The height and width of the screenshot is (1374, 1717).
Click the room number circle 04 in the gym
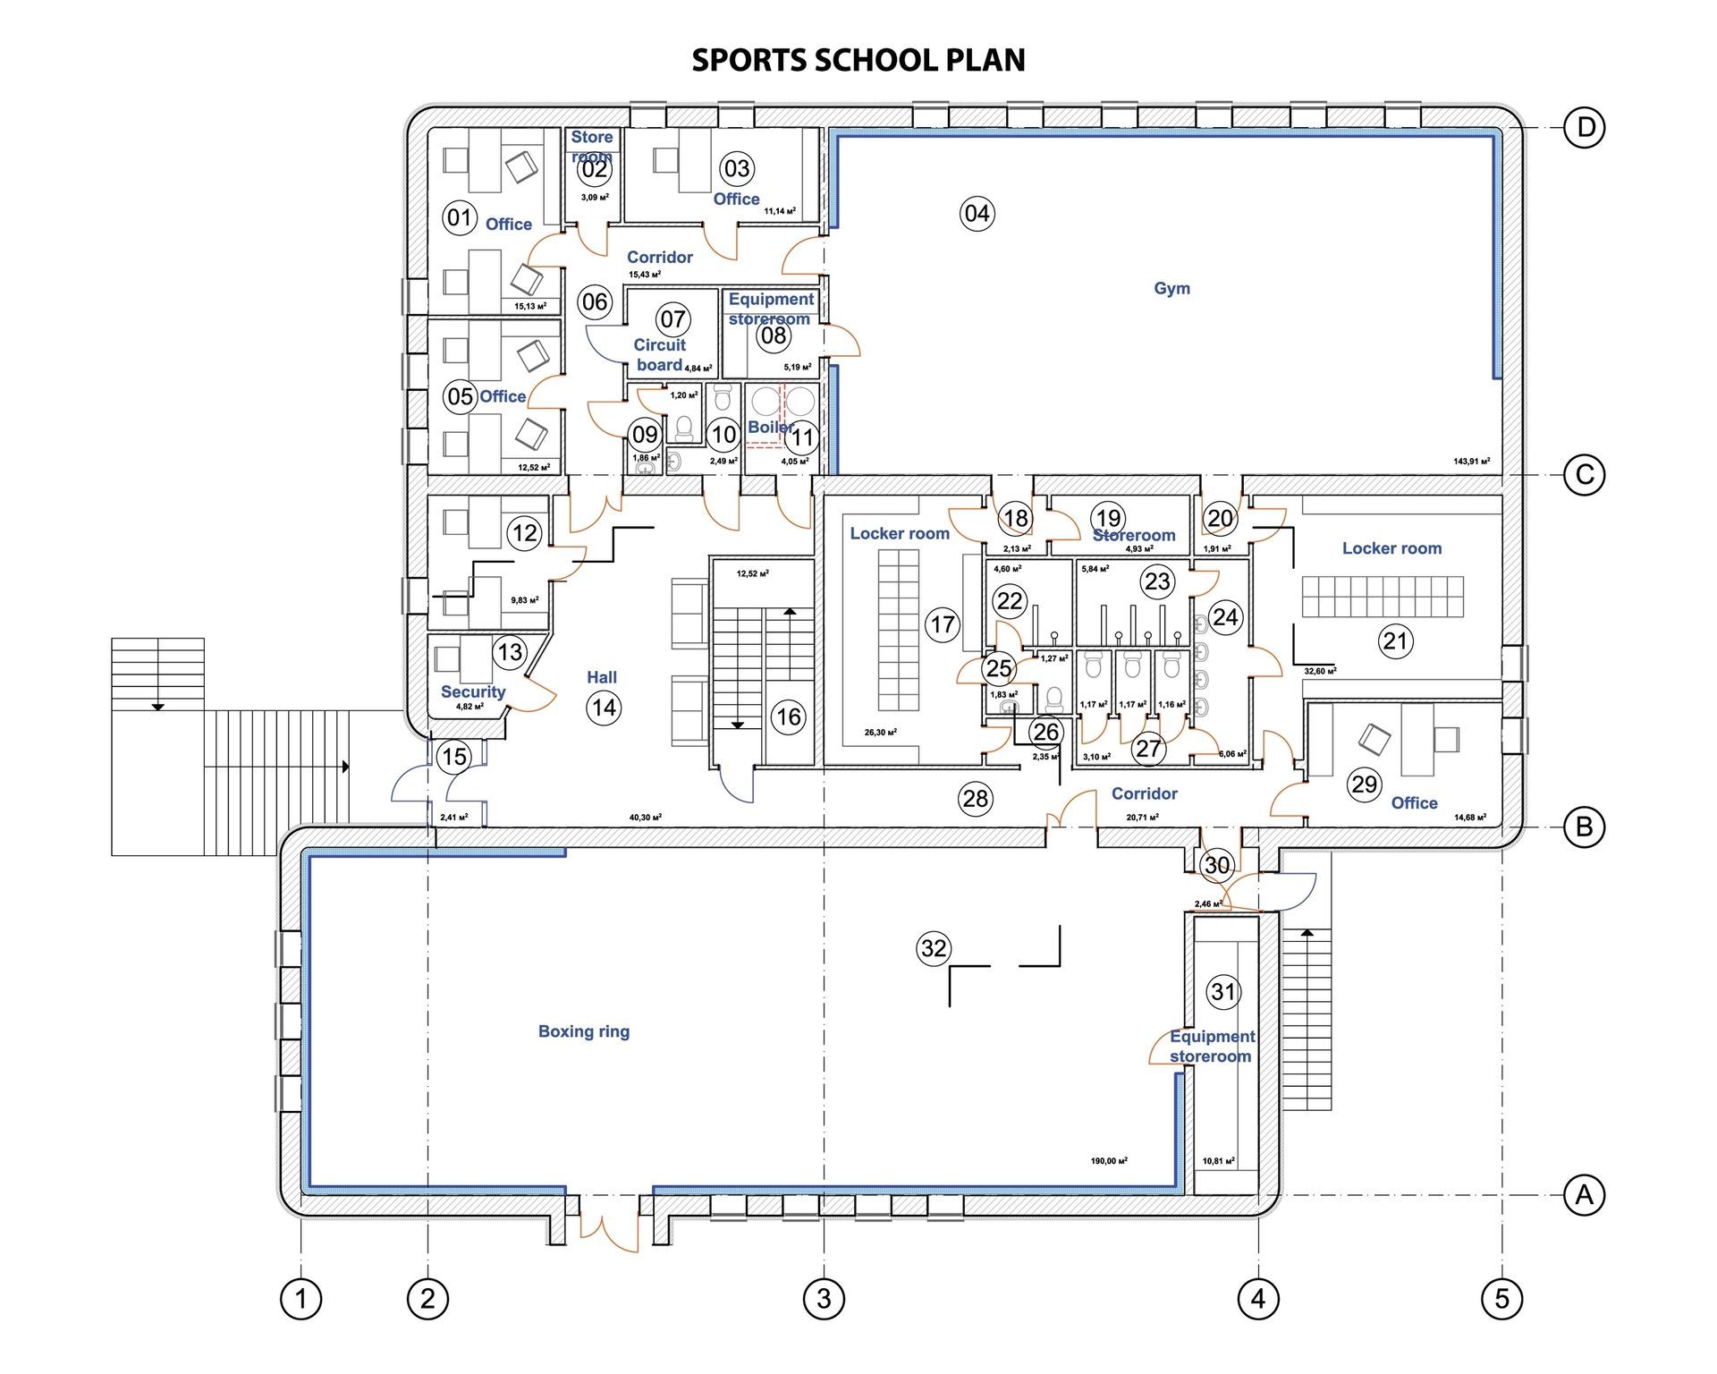tap(977, 213)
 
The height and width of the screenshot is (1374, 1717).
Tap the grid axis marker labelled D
tap(1585, 128)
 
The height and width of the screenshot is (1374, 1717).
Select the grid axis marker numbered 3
tap(823, 1298)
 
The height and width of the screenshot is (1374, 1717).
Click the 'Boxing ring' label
tap(583, 1031)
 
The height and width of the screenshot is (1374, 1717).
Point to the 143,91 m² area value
tap(1471, 462)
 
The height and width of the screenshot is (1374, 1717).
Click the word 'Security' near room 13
tap(472, 691)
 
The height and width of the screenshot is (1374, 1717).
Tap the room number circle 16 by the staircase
tap(788, 717)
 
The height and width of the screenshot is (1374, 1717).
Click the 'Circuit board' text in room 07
tap(659, 354)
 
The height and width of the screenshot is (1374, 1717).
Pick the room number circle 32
tap(933, 948)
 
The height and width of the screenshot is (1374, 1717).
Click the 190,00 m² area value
tap(1108, 1161)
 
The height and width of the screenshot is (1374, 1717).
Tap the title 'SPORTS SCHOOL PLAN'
tap(858, 60)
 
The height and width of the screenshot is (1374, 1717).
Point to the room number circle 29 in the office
tap(1364, 785)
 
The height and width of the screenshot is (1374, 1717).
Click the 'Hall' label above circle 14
tap(601, 677)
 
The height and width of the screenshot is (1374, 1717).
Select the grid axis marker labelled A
tap(1584, 1195)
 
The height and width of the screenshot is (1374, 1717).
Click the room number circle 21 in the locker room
tap(1395, 640)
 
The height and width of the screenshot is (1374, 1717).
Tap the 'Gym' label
tap(1171, 288)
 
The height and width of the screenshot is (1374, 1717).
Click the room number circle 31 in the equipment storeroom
tap(1222, 991)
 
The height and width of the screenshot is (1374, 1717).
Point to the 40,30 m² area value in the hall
tap(645, 817)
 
